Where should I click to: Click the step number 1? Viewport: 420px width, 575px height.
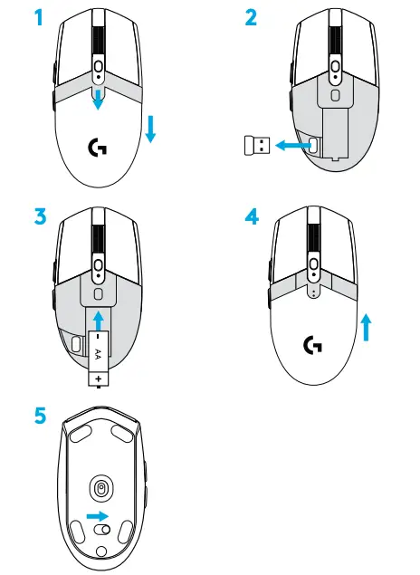coord(36,18)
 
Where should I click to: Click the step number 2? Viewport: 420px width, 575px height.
coord(252,18)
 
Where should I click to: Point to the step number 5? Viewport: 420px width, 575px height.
coord(37,419)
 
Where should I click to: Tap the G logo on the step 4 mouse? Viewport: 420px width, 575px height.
coord(312,345)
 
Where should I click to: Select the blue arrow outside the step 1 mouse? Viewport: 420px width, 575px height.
coord(151,129)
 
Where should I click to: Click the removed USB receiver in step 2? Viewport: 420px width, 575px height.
coord(258,145)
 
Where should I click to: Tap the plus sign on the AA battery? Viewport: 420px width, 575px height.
coord(97,374)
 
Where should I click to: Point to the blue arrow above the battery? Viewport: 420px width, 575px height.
coord(97,320)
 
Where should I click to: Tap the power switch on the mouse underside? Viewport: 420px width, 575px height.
coord(102,529)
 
